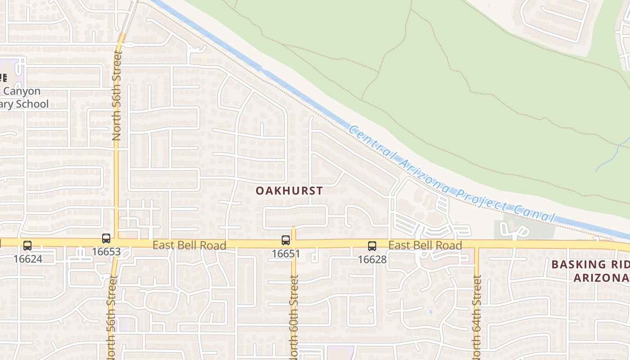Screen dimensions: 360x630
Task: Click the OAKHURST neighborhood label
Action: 289,191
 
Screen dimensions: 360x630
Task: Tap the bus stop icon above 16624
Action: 27,246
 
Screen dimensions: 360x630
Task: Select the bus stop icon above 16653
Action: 106,238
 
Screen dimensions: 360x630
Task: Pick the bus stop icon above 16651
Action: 286,240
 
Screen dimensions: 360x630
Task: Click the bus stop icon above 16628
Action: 372,246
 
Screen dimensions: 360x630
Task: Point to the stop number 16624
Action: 27,259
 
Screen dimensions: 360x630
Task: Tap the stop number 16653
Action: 106,252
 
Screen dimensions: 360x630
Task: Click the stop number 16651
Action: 286,253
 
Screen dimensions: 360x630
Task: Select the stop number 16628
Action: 372,259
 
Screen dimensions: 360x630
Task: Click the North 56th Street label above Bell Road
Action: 117,95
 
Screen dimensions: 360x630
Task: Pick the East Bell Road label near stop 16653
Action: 189,245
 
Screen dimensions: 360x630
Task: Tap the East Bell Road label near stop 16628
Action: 425,245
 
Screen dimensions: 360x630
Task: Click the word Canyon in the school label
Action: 22,91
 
